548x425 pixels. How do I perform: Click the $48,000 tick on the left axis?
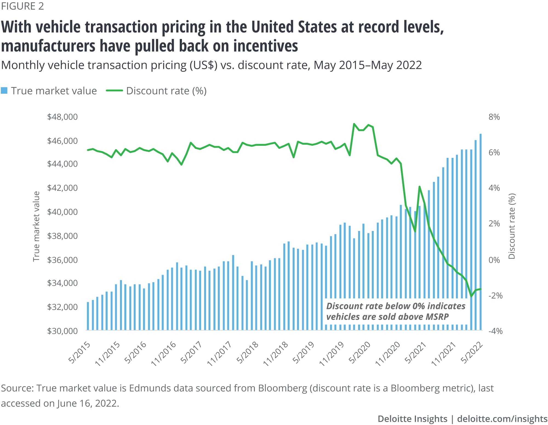pyautogui.click(x=62, y=117)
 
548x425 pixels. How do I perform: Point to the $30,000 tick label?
pyautogui.click(x=62, y=331)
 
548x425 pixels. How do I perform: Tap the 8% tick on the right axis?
pyautogui.click(x=494, y=117)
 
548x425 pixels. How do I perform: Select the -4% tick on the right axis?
pyautogui.click(x=495, y=331)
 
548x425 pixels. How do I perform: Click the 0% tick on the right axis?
pyautogui.click(x=494, y=260)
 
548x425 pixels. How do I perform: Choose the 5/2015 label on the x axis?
pyautogui.click(x=79, y=352)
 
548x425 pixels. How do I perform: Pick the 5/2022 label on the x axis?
pyautogui.click(x=472, y=352)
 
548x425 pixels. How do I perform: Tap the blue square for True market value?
pyautogui.click(x=4, y=91)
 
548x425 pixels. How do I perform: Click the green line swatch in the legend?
pyautogui.click(x=114, y=91)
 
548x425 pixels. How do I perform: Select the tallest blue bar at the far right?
pyautogui.click(x=481, y=232)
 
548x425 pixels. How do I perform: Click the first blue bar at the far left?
pyautogui.click(x=88, y=316)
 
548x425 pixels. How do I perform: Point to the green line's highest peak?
pyautogui.click(x=354, y=124)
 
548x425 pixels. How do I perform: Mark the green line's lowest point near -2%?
pyautogui.click(x=471, y=296)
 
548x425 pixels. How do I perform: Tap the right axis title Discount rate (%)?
pyautogui.click(x=512, y=226)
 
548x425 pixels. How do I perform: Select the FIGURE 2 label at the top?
pyautogui.click(x=22, y=6)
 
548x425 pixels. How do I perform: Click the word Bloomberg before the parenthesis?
pyautogui.click(x=282, y=388)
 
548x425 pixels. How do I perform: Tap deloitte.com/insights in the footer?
pyautogui.click(x=502, y=418)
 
